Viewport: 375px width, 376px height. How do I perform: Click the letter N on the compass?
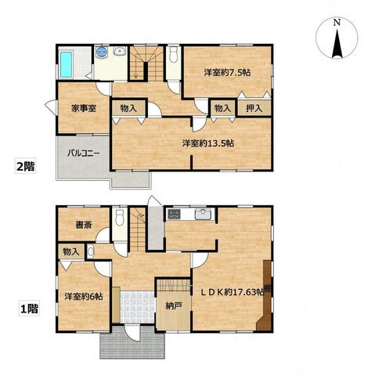[337, 23]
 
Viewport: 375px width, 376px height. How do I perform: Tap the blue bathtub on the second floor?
[66, 64]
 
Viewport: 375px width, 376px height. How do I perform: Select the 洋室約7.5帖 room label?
[227, 72]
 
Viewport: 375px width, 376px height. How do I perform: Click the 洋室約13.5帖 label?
[207, 143]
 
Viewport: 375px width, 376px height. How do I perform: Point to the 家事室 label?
[84, 108]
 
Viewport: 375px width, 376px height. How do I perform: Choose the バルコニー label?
[83, 154]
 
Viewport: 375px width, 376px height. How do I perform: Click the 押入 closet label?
[254, 108]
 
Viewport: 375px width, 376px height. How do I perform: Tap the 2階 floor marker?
[25, 166]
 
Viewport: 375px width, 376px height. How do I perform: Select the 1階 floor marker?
[29, 309]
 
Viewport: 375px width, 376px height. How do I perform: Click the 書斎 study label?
[84, 225]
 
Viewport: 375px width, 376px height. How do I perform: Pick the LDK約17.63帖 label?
[232, 292]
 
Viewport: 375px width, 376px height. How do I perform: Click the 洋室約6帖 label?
[84, 297]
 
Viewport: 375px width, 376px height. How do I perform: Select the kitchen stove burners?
[174, 214]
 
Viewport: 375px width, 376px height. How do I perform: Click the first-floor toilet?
[120, 217]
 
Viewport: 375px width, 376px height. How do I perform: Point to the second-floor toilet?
[173, 55]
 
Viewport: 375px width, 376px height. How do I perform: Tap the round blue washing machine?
[102, 52]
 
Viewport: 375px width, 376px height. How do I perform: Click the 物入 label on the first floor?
[70, 251]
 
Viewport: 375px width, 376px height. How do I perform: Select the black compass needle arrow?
[337, 44]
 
